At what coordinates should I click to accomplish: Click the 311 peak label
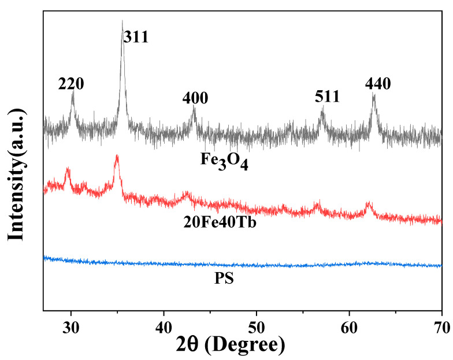[136, 38]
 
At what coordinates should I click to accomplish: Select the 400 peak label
[195, 98]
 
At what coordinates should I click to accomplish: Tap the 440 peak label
[378, 84]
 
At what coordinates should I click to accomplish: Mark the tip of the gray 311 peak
[122, 21]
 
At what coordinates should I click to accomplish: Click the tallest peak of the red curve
[117, 155]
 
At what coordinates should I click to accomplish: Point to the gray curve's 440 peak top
[373, 94]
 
